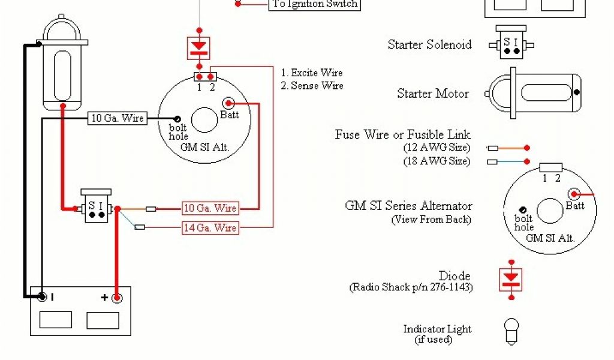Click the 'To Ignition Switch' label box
[315, 5]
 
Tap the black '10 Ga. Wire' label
[117, 118]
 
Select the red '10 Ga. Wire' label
[210, 208]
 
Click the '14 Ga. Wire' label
[210, 228]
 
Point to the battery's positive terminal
[118, 296]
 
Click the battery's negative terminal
[42, 296]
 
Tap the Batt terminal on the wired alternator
[228, 104]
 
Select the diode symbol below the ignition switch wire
[199, 46]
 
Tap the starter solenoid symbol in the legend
[511, 44]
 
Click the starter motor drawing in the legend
[534, 93]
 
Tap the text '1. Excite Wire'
[312, 73]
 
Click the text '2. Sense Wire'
[312, 86]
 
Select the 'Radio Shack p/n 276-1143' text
[411, 287]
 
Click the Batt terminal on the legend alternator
[574, 194]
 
